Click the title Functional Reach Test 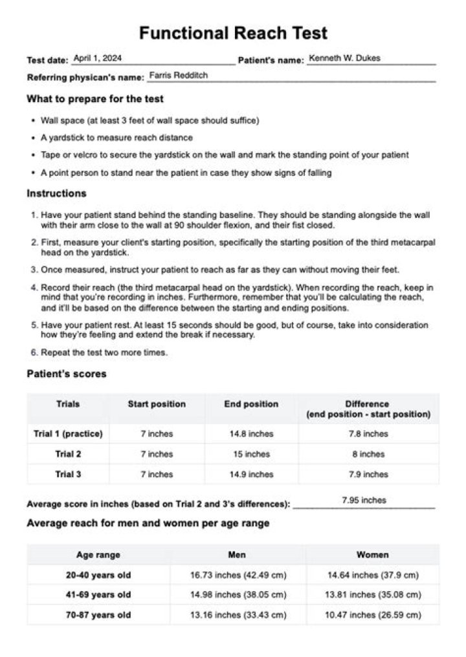(233, 33)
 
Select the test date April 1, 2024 (98, 58)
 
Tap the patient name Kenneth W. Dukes (344, 58)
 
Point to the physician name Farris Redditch (179, 76)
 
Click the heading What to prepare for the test (95, 99)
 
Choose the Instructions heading (56, 193)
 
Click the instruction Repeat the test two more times (104, 353)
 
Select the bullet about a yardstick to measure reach (116, 138)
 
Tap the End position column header (251, 404)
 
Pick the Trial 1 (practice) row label (68, 434)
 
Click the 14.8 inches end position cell (251, 434)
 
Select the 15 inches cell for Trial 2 (251, 454)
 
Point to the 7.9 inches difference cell (368, 474)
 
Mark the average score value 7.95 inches (364, 500)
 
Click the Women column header (372, 555)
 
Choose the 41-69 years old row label (98, 594)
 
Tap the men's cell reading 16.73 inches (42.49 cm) (238, 574)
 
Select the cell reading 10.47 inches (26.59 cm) (372, 614)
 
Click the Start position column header (157, 404)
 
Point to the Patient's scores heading (67, 374)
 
